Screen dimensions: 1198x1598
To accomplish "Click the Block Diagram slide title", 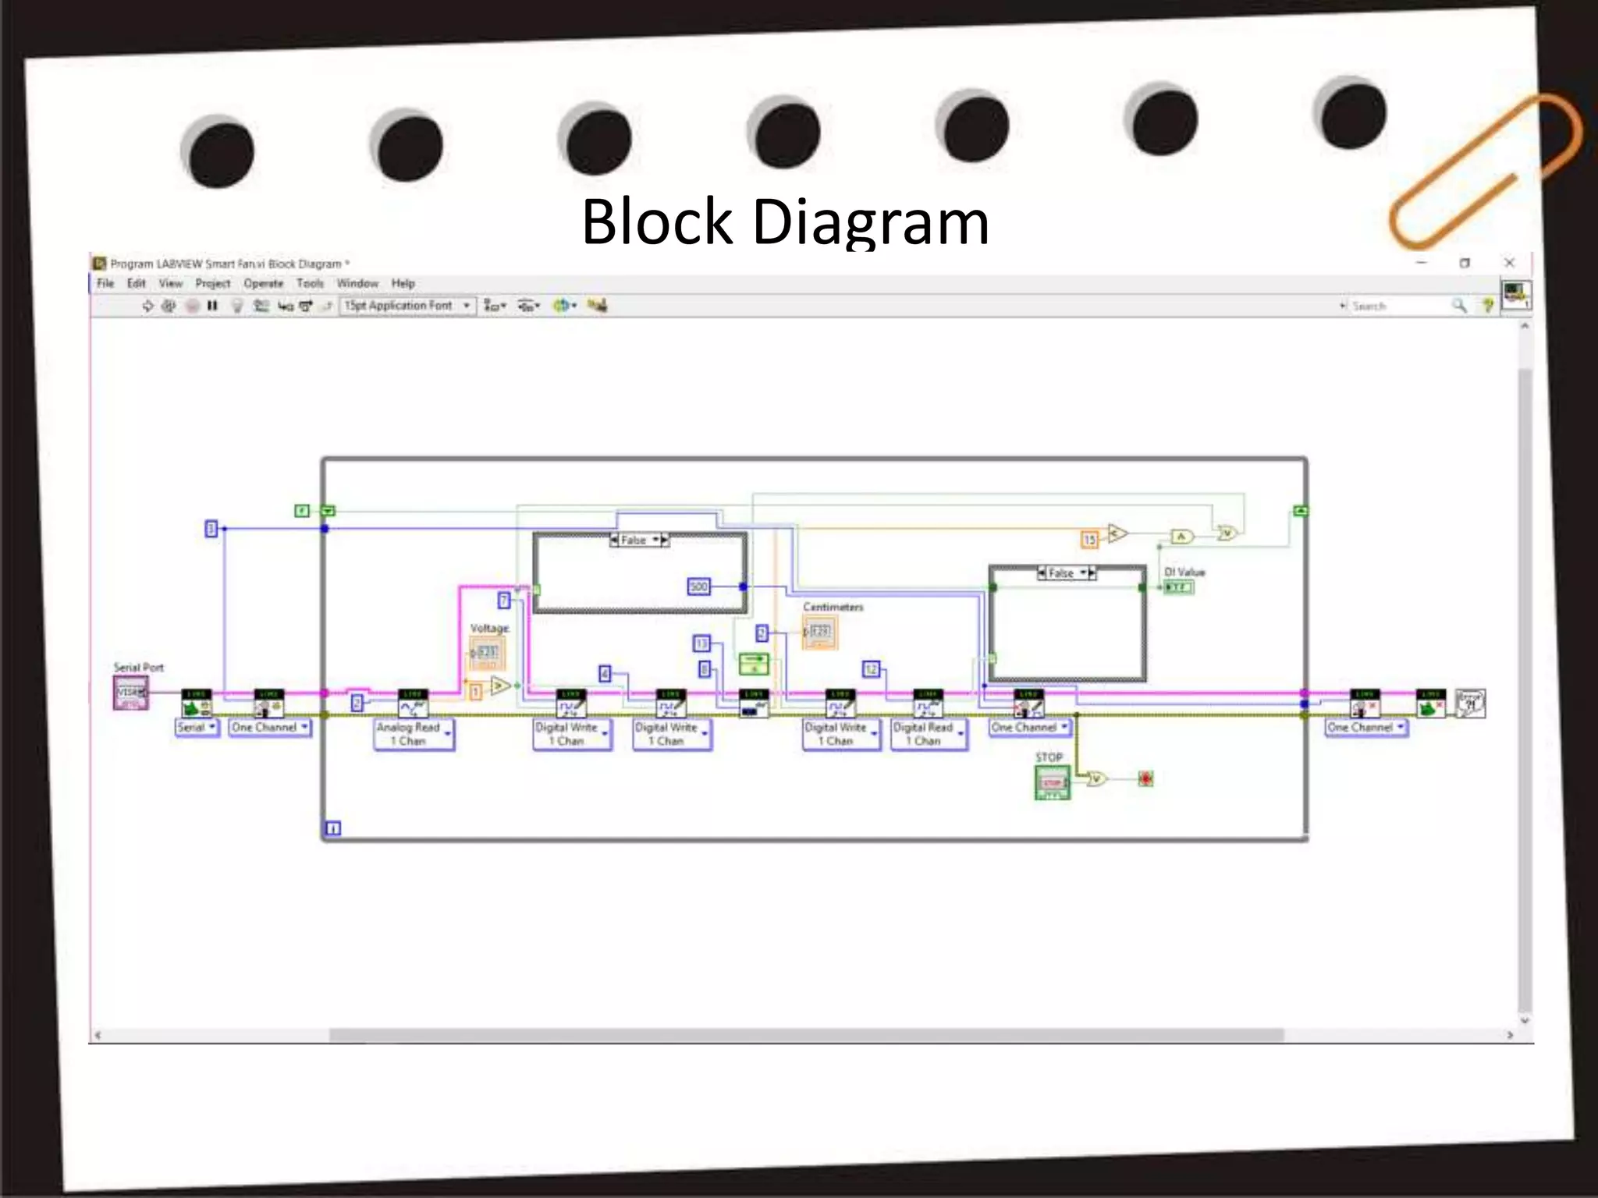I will [x=785, y=222].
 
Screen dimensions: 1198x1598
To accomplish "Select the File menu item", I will [x=105, y=283].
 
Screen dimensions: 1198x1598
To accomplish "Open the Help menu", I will [x=403, y=283].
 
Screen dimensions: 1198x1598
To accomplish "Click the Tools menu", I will [x=310, y=283].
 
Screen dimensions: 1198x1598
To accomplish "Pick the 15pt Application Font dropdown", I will [x=407, y=306].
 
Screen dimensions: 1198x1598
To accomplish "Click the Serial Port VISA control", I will [x=130, y=693].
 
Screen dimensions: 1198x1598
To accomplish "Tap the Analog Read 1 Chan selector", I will [x=414, y=734].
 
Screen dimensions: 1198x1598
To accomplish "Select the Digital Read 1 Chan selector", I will [x=929, y=734].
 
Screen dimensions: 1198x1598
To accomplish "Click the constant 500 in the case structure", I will [x=698, y=587].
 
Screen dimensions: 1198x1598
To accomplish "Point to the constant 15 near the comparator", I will [x=1089, y=539].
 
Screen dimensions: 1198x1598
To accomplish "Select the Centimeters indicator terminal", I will [x=819, y=632].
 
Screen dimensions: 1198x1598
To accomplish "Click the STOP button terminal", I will [x=1052, y=782].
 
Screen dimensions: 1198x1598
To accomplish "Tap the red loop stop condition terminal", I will [x=1145, y=778].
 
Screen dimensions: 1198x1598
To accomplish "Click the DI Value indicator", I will [x=1178, y=587].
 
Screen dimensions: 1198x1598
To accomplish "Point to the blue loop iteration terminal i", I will [x=333, y=828].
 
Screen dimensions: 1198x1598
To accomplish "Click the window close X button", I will [x=1509, y=263].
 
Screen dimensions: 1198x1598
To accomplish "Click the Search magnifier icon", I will [x=1458, y=306].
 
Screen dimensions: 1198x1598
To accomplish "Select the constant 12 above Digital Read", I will [x=871, y=669].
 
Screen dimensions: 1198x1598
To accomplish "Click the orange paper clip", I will [x=1483, y=172].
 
